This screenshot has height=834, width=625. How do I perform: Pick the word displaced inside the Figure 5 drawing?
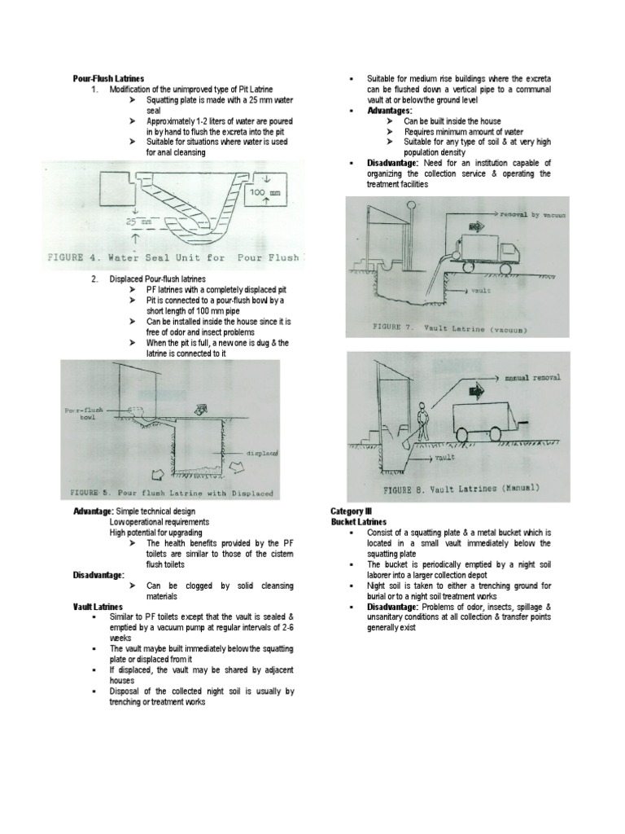click(x=261, y=451)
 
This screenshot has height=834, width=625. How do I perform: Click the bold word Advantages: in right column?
click(x=390, y=110)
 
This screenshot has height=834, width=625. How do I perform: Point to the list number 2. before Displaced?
click(x=94, y=279)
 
